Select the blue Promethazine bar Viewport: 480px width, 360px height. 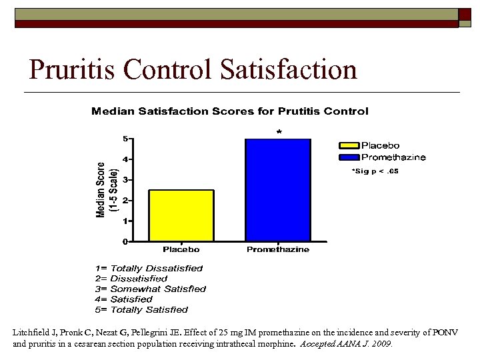[278, 190]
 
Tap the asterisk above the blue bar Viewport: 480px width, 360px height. [279, 133]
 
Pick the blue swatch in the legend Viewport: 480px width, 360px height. [349, 157]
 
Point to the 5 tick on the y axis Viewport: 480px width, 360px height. [126, 139]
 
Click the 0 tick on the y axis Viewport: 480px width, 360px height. [126, 241]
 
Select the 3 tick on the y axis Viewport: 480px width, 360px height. [126, 180]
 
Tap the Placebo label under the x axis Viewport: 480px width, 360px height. [181, 250]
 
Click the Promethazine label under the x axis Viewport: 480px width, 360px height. [278, 250]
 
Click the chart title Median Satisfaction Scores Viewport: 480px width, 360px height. [229, 111]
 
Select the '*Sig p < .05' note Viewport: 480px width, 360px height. [375, 171]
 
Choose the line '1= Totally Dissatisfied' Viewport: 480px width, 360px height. [148, 269]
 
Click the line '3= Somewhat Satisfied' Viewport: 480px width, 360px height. [150, 289]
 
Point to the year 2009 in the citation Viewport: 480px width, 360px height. [382, 345]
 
